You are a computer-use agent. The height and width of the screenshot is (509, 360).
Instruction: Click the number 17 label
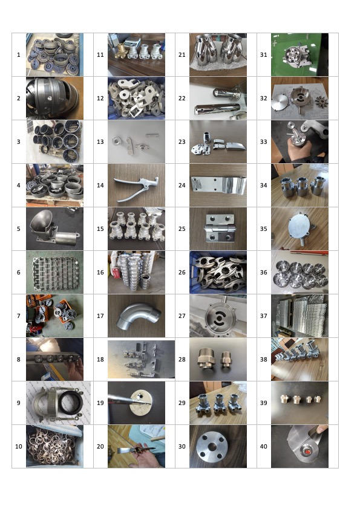coord(100,316)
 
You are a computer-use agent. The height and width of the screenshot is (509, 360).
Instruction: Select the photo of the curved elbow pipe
coord(137,316)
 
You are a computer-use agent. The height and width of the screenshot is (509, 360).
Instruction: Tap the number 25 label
coord(182,229)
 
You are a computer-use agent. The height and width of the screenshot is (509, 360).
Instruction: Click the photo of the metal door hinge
coord(218,229)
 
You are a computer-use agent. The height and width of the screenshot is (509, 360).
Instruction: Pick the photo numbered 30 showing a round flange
coord(218,446)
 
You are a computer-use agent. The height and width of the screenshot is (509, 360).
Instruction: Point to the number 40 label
coord(264,446)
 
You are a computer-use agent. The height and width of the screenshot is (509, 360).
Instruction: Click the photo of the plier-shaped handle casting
coord(137,185)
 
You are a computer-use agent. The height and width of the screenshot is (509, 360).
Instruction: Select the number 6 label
coord(19,273)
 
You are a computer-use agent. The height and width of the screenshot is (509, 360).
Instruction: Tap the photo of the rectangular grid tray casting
coord(54,272)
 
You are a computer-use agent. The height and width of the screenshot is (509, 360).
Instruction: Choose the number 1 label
coord(19,55)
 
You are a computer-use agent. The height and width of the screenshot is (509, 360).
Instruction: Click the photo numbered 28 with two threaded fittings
coord(218,359)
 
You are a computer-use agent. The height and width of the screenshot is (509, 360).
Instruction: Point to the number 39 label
coord(264,403)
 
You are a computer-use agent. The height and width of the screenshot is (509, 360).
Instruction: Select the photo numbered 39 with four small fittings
coord(299,403)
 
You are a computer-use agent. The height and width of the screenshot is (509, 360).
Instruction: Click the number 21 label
coord(182,55)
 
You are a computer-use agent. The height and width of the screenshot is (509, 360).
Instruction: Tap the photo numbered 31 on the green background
coord(299,54)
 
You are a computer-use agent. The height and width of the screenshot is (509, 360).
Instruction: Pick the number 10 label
coord(19,446)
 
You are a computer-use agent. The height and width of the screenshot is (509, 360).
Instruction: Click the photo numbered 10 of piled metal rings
coord(54,446)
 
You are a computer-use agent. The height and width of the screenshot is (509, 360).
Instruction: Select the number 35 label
coord(264,229)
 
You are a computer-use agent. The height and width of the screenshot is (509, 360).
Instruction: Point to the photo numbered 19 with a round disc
coord(137,403)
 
